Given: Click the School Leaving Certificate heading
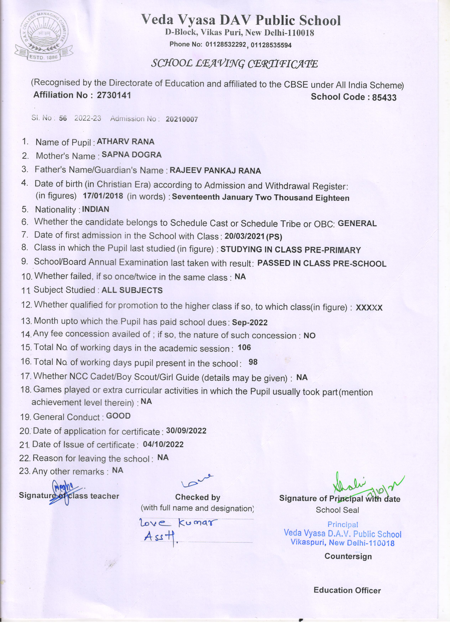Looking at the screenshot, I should (234, 64).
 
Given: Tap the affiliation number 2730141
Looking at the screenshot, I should (114, 95).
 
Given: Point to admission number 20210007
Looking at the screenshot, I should (182, 119).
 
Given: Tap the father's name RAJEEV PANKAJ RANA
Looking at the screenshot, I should (215, 171).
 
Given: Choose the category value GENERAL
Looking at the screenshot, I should (357, 223).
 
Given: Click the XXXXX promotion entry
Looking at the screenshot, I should (369, 308).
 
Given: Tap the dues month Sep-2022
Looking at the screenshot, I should (250, 322).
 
